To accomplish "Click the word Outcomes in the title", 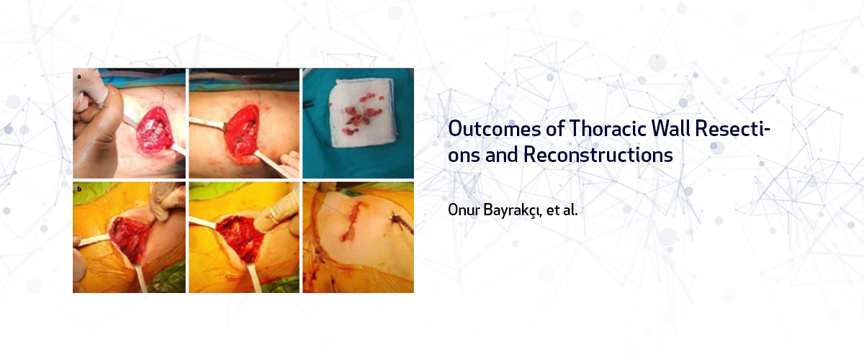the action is pyautogui.click(x=495, y=128).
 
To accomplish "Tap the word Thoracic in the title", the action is pyautogui.click(x=608, y=128).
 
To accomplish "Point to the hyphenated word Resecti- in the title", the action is pyautogui.click(x=732, y=128).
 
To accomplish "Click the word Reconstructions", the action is pyautogui.click(x=598, y=155).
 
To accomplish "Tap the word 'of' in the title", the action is pyautogui.click(x=555, y=128).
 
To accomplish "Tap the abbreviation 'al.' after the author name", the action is pyautogui.click(x=570, y=210).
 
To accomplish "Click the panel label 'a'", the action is pyautogui.click(x=79, y=76).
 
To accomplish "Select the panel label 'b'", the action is pyautogui.click(x=79, y=189).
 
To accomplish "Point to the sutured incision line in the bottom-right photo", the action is pyautogui.click(x=352, y=222).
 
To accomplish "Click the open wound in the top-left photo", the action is pyautogui.click(x=154, y=130).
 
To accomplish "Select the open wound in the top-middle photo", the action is pyautogui.click(x=242, y=130).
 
